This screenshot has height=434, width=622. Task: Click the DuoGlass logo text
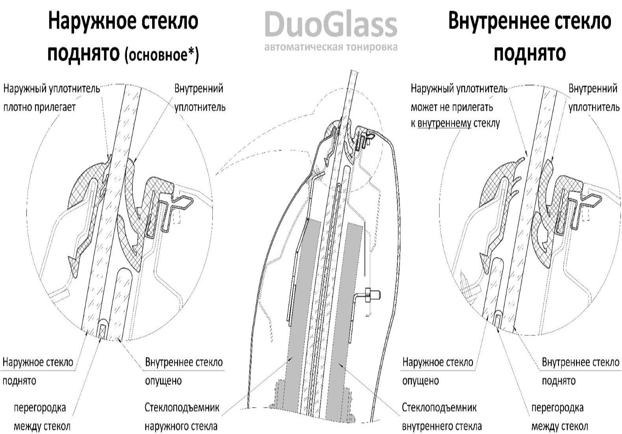click(x=330, y=24)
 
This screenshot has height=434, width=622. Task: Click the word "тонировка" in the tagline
click(x=371, y=47)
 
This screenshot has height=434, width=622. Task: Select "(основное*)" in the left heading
click(x=162, y=54)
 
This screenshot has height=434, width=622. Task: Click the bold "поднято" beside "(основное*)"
click(x=83, y=53)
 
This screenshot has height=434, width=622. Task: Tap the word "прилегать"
click(x=473, y=107)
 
